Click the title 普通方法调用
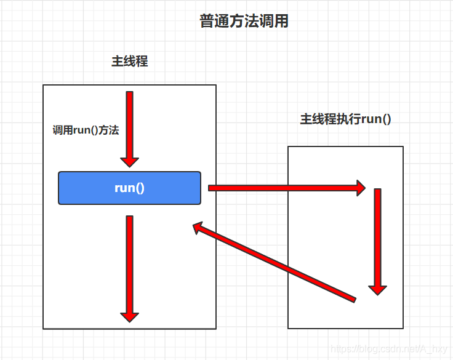(244, 22)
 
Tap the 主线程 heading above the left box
(129, 62)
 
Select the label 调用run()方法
(86, 130)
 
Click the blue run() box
(129, 188)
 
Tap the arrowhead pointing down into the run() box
(129, 161)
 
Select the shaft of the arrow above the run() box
(129, 123)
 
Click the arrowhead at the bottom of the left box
(129, 316)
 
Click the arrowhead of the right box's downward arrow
(377, 289)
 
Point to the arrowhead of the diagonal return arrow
(199, 228)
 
